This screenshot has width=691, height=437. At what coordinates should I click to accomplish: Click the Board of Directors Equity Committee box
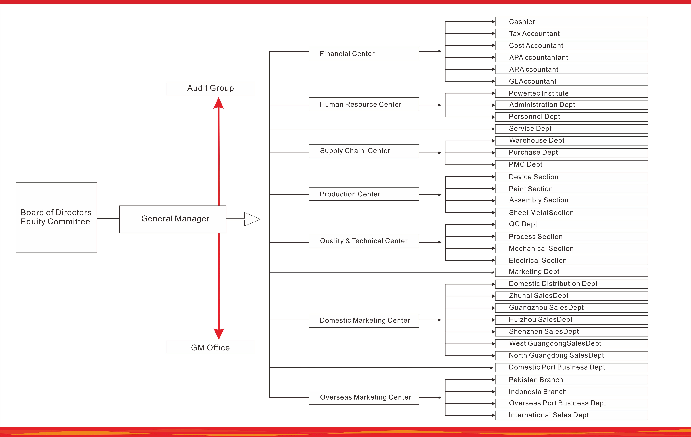56,217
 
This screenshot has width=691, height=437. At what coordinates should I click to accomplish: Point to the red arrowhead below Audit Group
219,103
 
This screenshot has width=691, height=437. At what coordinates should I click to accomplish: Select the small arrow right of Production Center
439,195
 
